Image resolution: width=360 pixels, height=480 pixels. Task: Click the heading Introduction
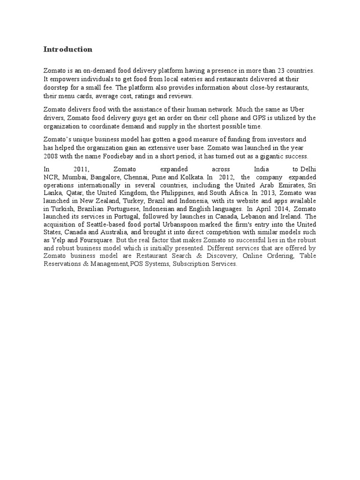click(x=68, y=49)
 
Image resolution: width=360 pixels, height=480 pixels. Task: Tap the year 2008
click(x=52, y=156)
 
